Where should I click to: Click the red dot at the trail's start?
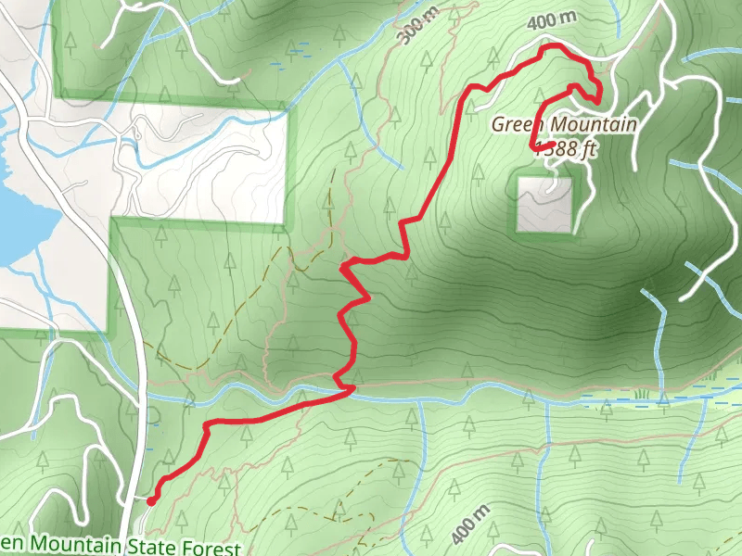[x=151, y=500]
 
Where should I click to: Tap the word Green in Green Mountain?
[x=517, y=124]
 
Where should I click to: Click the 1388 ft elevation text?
[x=565, y=149]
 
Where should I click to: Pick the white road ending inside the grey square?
[x=554, y=185]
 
